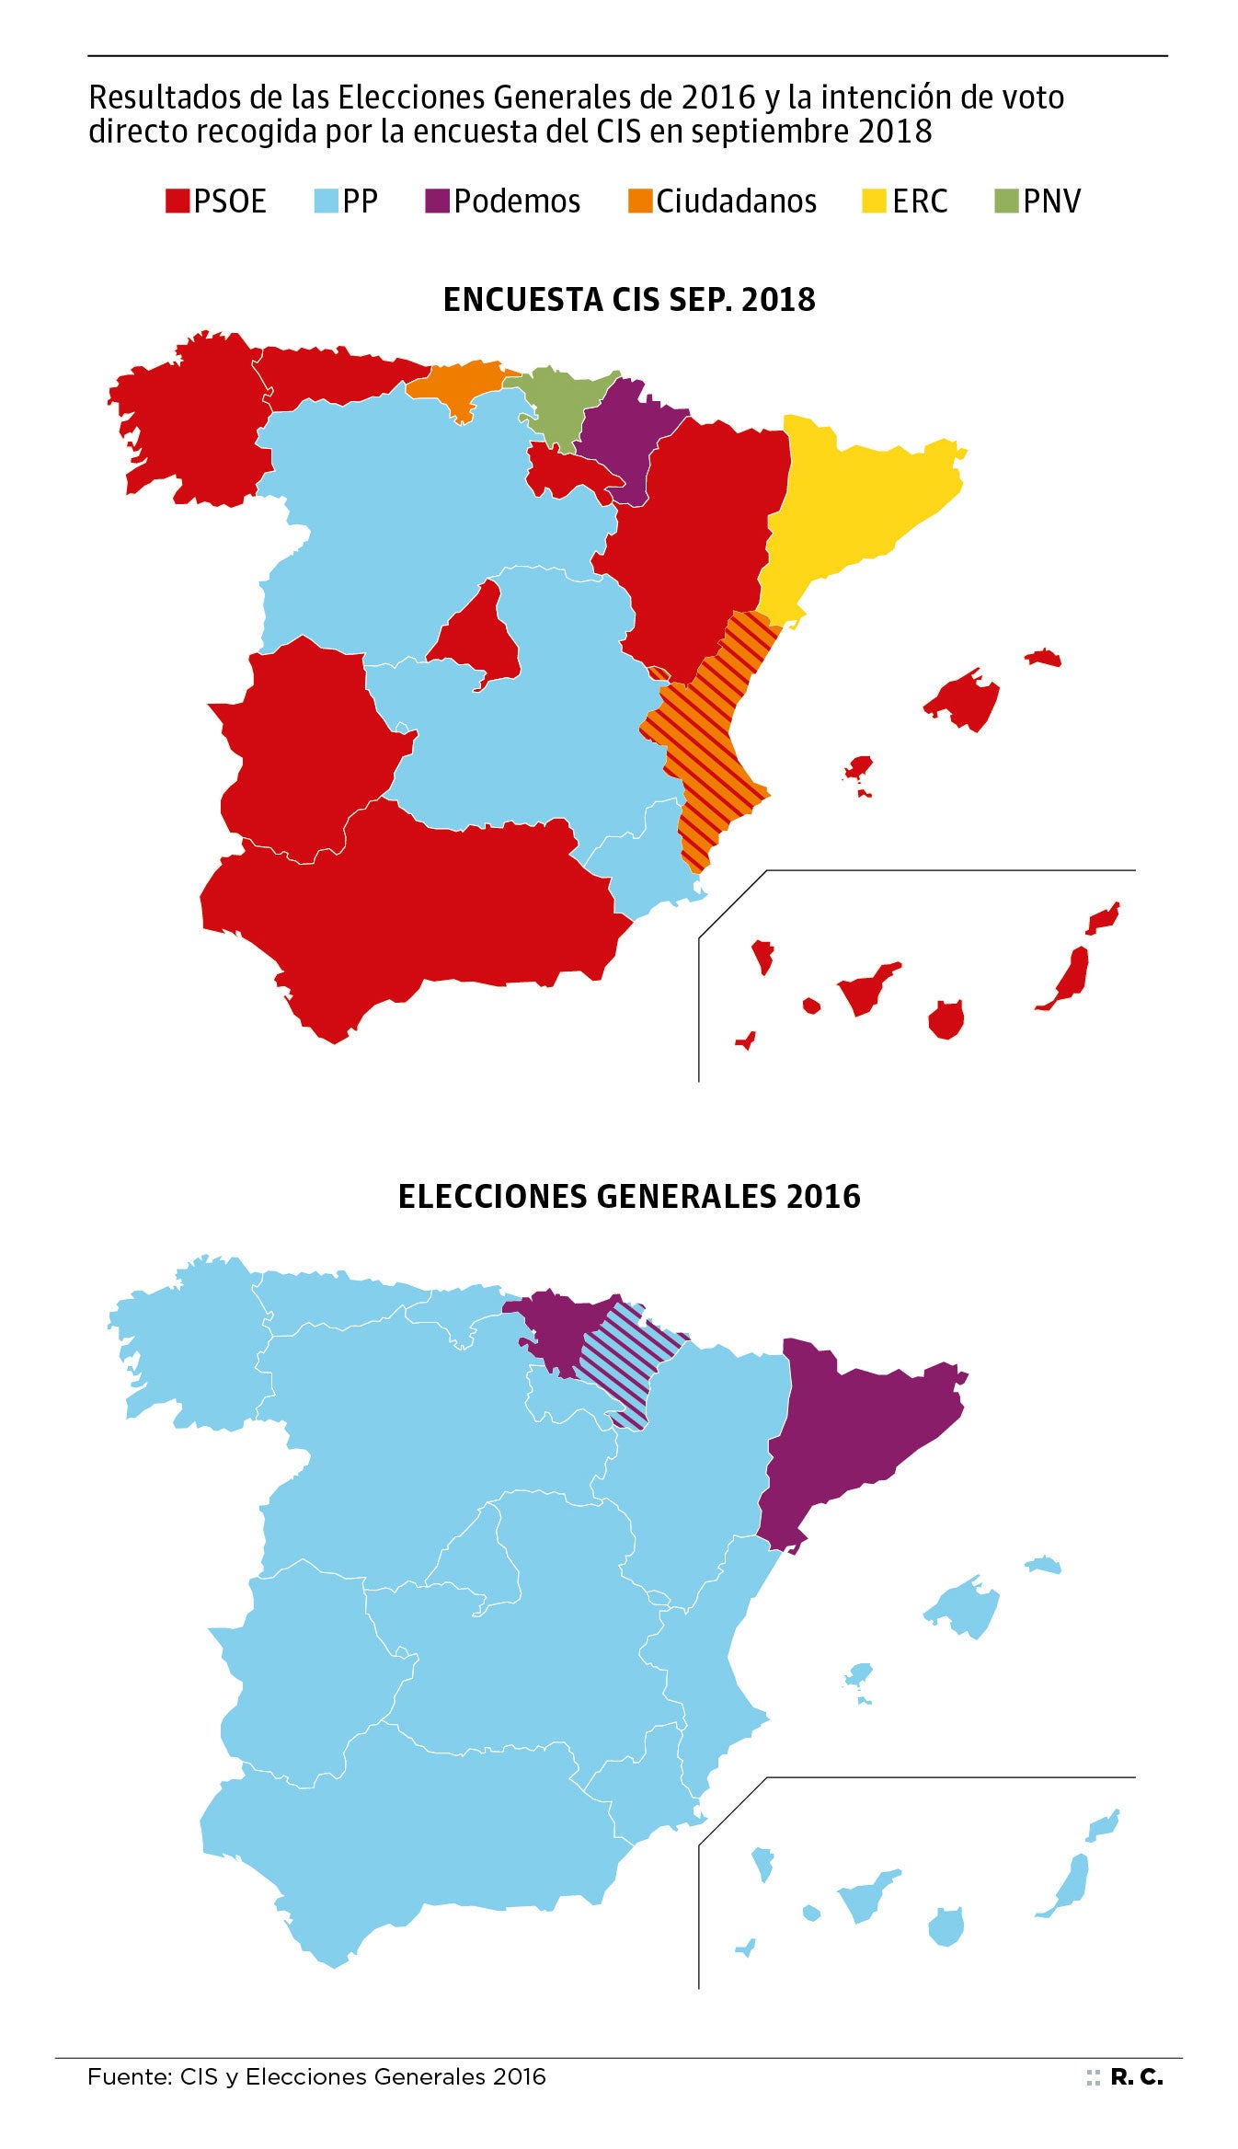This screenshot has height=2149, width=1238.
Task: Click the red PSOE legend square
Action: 177,201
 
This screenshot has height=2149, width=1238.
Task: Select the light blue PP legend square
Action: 326,201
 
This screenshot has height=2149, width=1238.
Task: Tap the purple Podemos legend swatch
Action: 437,201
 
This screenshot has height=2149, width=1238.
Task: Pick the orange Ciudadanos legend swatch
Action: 639,201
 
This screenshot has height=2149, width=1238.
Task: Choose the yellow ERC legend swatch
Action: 873,201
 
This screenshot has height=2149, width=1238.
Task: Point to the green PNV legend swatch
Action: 1006,201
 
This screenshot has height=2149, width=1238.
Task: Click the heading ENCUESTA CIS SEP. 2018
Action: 629,300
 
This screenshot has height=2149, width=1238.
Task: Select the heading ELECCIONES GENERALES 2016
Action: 629,1196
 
